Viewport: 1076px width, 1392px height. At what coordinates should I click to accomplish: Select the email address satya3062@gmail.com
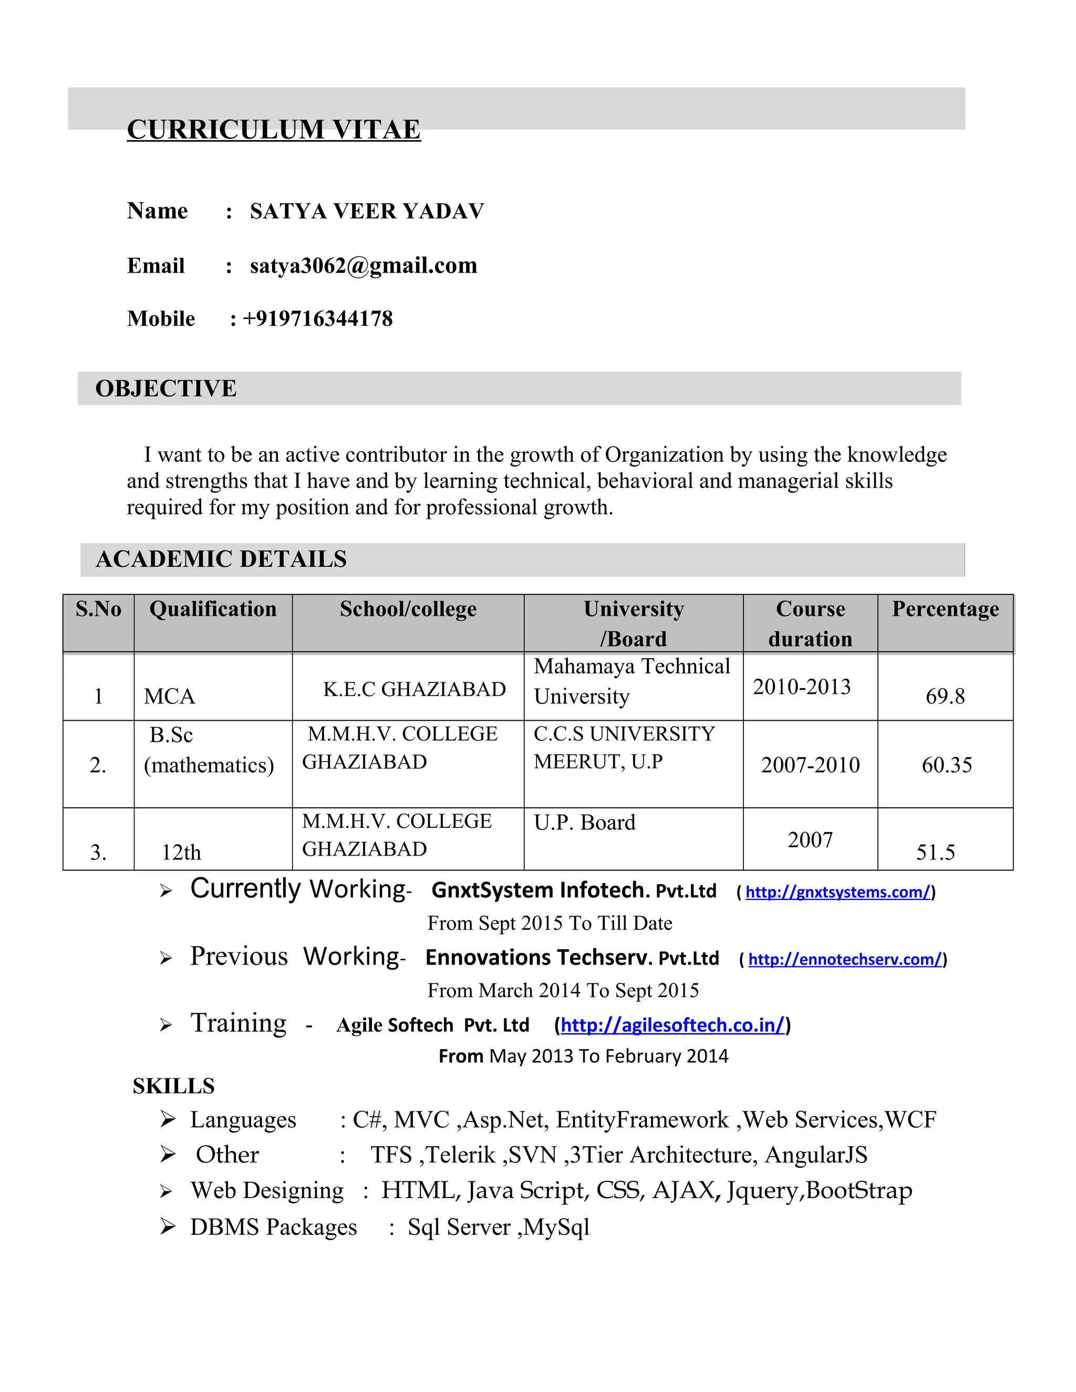pos(364,265)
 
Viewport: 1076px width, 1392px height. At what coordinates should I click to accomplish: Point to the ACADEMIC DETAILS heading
pos(221,559)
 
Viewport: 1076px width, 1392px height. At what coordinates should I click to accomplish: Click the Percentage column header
pos(945,609)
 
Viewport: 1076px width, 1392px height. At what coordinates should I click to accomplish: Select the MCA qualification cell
pos(170,696)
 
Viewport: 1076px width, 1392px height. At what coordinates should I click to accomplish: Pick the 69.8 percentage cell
pos(945,696)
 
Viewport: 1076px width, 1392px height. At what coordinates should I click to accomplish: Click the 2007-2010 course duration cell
pos(810,765)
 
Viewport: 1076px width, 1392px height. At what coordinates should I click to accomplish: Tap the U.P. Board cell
pos(585,823)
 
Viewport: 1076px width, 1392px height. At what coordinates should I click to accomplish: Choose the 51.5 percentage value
pos(935,853)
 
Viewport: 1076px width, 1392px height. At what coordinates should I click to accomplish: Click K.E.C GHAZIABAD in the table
pos(415,689)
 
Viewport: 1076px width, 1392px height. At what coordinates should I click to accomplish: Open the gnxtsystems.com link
pos(837,892)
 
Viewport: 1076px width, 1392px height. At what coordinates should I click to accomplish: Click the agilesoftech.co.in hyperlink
pos(672,1025)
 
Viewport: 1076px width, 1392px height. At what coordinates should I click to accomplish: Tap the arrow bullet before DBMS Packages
pos(168,1227)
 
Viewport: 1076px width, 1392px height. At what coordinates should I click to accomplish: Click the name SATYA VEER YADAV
pos(367,211)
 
